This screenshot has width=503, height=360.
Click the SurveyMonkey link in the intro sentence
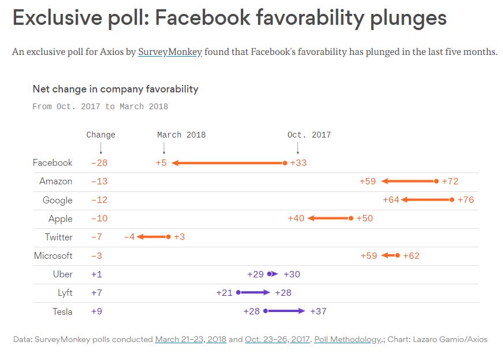click(170, 52)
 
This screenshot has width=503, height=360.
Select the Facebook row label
click(53, 163)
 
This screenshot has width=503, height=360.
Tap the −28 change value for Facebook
click(99, 163)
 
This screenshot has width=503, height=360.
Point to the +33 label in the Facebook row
click(299, 163)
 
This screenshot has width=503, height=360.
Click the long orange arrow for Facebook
click(228, 163)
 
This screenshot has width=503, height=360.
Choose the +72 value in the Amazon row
click(450, 181)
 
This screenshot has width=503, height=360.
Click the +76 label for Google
click(465, 200)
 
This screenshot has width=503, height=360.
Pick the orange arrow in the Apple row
click(330, 218)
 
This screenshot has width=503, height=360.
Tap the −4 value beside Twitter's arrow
click(129, 237)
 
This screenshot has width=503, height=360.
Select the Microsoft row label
click(53, 255)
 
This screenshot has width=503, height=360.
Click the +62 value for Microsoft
click(411, 255)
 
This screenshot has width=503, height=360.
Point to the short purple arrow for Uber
click(273, 274)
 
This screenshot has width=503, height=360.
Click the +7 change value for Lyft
click(96, 292)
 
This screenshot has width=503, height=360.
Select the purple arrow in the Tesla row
click(285, 311)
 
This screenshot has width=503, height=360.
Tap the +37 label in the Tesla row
click(318, 311)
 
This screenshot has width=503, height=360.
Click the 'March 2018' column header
click(181, 135)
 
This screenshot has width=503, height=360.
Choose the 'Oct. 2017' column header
click(309, 135)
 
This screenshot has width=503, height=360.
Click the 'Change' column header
click(100, 135)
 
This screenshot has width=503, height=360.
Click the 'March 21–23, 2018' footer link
click(191, 339)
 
